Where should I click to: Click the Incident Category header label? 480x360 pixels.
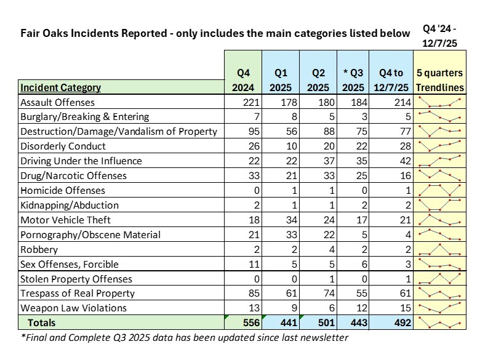[x=60, y=87]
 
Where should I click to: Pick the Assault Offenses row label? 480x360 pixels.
[x=58, y=102]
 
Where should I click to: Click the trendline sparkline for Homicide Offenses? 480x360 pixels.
[x=439, y=190]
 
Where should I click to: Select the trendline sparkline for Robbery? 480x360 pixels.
[x=439, y=249]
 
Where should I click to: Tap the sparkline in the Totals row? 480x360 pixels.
[x=439, y=322]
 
